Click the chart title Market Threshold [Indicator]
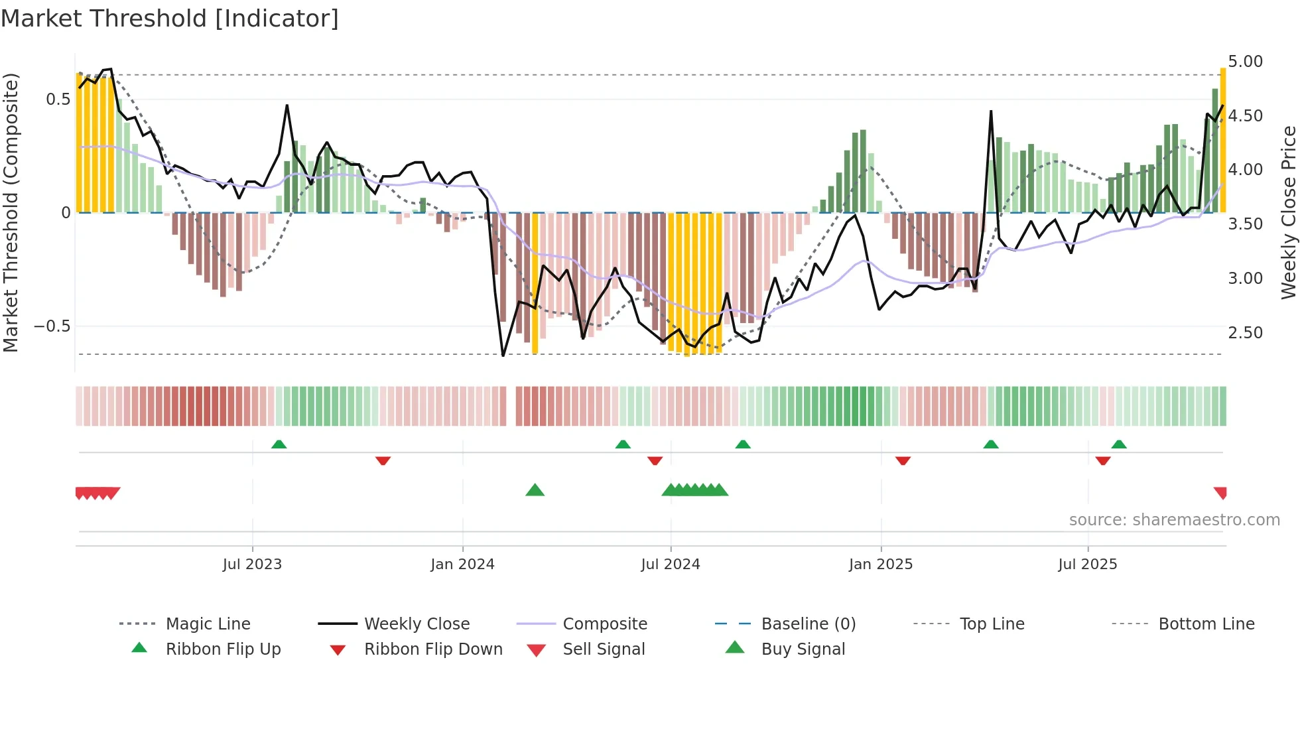pyautogui.click(x=170, y=19)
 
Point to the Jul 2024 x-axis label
pyautogui.click(x=670, y=565)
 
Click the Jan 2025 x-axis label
pyautogui.click(x=880, y=565)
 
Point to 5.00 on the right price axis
pyautogui.click(x=1245, y=62)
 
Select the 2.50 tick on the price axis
pyautogui.click(x=1245, y=333)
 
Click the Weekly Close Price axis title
pyautogui.click(x=1288, y=212)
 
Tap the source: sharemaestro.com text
pyautogui.click(x=1174, y=520)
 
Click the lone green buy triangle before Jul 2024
pyautogui.click(x=535, y=491)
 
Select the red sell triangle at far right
pyautogui.click(x=1220, y=493)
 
